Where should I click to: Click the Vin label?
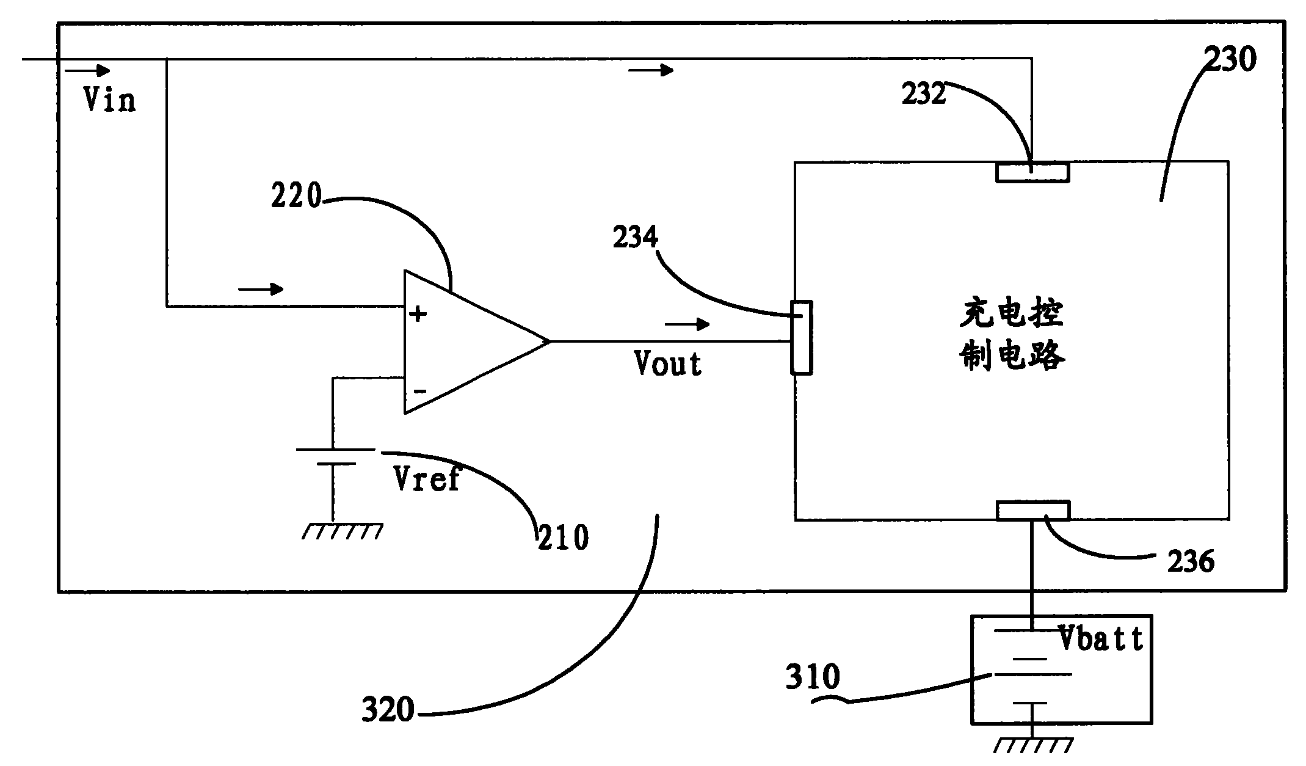pyautogui.click(x=109, y=100)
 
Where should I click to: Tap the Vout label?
pyautogui.click(x=668, y=364)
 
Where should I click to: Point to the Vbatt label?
pyautogui.click(x=1101, y=639)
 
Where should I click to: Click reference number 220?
pyautogui.click(x=296, y=197)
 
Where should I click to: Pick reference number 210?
pyautogui.click(x=563, y=538)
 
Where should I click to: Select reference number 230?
pyautogui.click(x=1230, y=60)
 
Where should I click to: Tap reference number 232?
pyautogui.click(x=924, y=94)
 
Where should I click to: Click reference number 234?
pyautogui.click(x=636, y=237)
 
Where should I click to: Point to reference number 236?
pyautogui.click(x=1191, y=561)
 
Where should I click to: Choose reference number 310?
pyautogui.click(x=813, y=677)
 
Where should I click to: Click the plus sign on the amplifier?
pyautogui.click(x=418, y=315)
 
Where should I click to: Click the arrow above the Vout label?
pyautogui.click(x=687, y=324)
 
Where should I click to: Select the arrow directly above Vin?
pyautogui.click(x=88, y=71)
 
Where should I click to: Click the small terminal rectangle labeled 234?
pyautogui.click(x=802, y=337)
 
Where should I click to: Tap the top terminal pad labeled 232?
pyautogui.click(x=1032, y=172)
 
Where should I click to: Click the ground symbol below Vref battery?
pyautogui.click(x=343, y=531)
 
